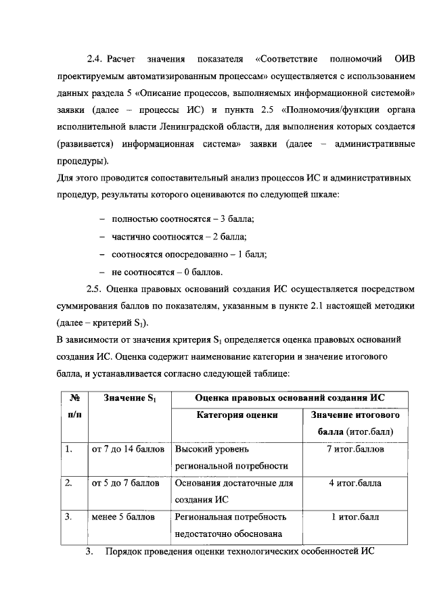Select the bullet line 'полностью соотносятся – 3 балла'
tap(182, 219)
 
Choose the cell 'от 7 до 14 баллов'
tap(129, 449)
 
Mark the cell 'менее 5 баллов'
tap(123, 517)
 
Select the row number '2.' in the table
tap(68, 484)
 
